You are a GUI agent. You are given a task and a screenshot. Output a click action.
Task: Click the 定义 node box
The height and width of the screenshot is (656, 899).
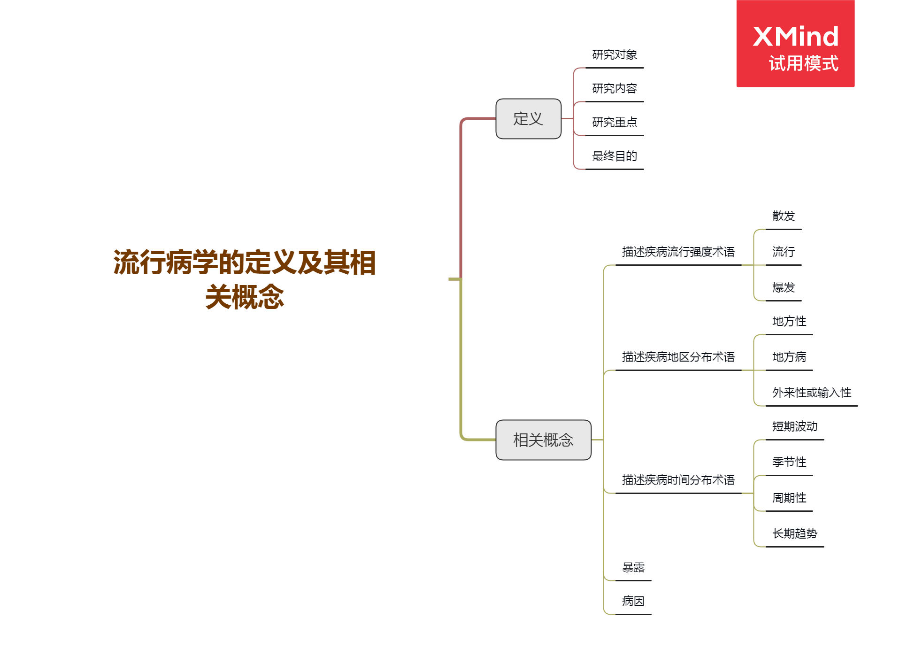click(x=528, y=119)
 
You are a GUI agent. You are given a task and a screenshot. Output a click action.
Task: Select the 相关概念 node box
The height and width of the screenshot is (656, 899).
click(x=543, y=440)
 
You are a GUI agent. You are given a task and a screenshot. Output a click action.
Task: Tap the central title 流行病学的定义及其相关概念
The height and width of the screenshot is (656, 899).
click(x=244, y=279)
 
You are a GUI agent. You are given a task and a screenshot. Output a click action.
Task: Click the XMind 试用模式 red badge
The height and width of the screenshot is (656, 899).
click(x=795, y=44)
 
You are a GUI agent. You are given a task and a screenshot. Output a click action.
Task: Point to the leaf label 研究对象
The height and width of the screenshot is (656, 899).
click(x=615, y=55)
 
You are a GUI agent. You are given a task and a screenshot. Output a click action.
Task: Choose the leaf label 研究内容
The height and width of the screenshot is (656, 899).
click(x=615, y=89)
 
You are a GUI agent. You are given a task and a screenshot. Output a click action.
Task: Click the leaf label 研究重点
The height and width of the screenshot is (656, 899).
click(x=615, y=123)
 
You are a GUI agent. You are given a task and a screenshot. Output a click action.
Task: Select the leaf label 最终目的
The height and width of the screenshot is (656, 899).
click(x=615, y=156)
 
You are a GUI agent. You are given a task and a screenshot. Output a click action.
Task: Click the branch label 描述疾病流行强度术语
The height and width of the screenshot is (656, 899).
click(x=678, y=252)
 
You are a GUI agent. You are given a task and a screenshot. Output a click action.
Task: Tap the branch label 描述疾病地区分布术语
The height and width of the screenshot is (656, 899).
click(x=678, y=357)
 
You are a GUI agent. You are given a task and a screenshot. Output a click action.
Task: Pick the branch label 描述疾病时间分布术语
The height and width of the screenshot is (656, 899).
click(x=678, y=480)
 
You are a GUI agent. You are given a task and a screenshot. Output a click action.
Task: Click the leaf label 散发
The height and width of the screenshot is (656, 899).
click(x=784, y=216)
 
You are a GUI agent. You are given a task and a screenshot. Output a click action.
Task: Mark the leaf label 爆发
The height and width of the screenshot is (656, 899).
click(x=784, y=288)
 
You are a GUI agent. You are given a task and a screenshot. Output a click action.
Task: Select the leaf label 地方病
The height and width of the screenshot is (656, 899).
click(x=789, y=357)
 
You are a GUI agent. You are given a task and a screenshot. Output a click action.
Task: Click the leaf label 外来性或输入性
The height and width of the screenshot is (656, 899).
click(x=812, y=393)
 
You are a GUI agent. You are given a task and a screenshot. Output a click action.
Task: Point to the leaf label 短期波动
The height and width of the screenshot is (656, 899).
click(x=795, y=427)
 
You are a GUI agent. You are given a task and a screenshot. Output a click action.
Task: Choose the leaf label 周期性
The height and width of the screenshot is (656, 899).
click(x=789, y=498)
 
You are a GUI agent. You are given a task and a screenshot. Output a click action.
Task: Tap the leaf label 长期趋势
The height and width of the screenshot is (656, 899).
click(x=795, y=534)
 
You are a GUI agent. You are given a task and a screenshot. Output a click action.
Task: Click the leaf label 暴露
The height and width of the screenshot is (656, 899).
click(x=633, y=568)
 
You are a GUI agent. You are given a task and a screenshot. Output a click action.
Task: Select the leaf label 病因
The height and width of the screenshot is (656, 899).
click(x=633, y=602)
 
